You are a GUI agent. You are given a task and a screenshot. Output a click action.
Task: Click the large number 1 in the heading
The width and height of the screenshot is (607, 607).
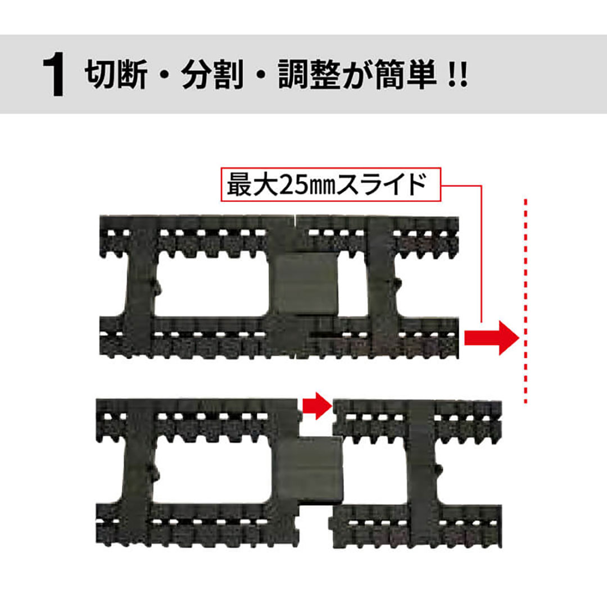pyautogui.click(x=53, y=76)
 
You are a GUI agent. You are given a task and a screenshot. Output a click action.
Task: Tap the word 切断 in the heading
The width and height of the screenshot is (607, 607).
pyautogui.click(x=116, y=75)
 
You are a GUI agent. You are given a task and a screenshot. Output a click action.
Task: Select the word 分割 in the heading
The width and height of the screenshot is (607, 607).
pyautogui.click(x=212, y=75)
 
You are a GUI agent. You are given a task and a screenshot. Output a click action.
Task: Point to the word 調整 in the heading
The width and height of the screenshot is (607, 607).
pyautogui.click(x=309, y=75)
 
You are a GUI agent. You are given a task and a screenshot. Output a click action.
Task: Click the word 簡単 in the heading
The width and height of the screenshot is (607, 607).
pyautogui.click(x=405, y=75)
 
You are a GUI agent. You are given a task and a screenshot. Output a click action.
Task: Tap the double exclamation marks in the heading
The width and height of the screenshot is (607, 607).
pyautogui.click(x=459, y=75)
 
